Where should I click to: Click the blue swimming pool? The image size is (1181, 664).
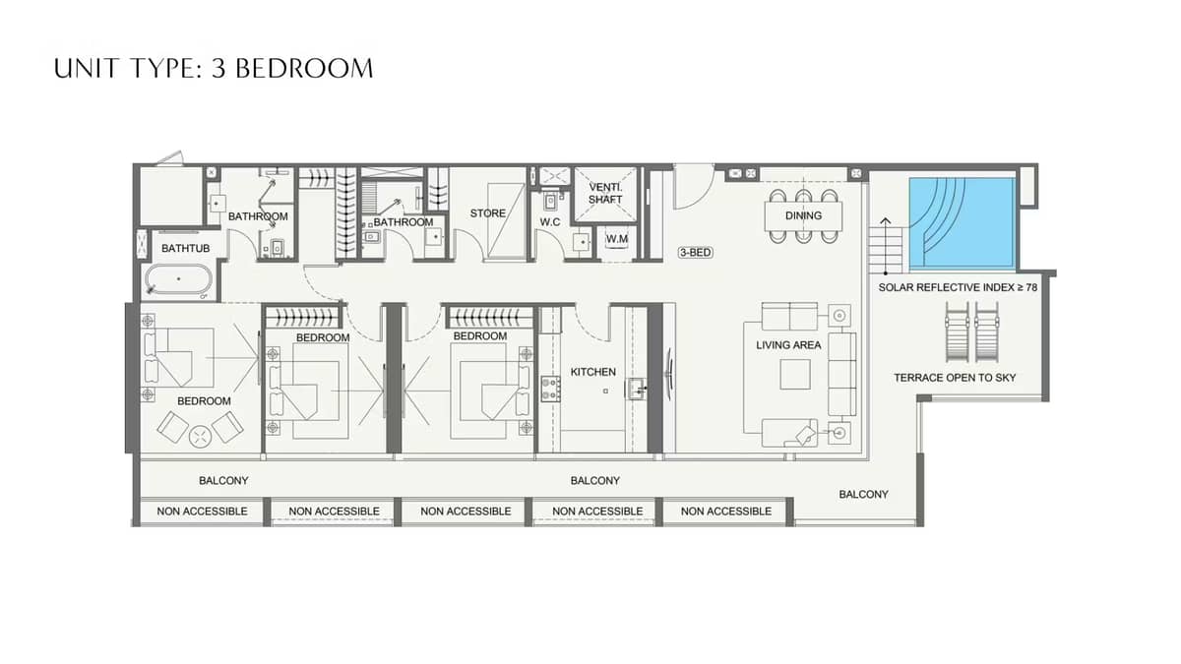[962, 223]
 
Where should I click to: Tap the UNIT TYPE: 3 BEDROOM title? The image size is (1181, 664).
[214, 68]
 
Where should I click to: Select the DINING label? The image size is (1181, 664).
[803, 215]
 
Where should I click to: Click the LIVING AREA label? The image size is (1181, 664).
[788, 345]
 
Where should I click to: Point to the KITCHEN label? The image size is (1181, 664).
[592, 372]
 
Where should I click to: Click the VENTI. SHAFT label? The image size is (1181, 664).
[605, 193]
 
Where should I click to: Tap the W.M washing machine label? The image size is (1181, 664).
[617, 238]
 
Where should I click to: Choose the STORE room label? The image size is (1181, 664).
[487, 213]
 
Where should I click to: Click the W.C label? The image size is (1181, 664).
[549, 222]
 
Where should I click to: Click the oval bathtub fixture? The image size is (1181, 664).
[178, 280]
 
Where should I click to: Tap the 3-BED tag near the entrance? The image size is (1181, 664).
[695, 253]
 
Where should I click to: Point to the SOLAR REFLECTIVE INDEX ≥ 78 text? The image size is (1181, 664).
[958, 288]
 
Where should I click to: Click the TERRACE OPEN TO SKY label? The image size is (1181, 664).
[955, 378]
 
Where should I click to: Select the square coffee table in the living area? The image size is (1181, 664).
[794, 374]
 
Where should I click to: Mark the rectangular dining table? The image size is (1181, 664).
[803, 215]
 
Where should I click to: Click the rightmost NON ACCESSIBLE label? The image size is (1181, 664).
[725, 512]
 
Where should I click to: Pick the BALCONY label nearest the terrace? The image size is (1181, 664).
[863, 495]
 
